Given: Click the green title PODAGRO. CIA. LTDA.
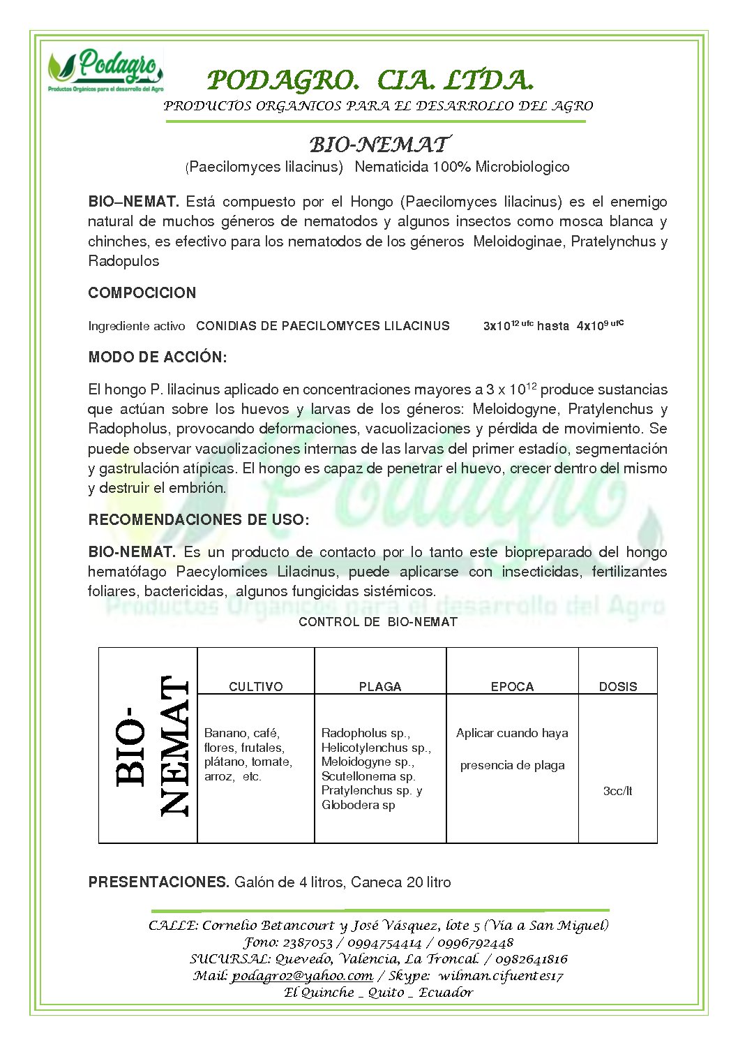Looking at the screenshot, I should (x=370, y=80).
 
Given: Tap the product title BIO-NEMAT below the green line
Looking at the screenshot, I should (x=379, y=144).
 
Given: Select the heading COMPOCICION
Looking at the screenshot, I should (x=142, y=292).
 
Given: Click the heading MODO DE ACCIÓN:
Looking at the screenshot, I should (x=157, y=357).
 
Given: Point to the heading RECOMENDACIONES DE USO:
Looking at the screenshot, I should (x=198, y=519).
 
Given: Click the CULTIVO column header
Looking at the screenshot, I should (x=255, y=686).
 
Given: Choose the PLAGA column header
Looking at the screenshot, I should (x=379, y=686).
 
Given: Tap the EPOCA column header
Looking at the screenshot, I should (x=512, y=686).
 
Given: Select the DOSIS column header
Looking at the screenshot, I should (x=617, y=686).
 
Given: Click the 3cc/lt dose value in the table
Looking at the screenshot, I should (x=617, y=791).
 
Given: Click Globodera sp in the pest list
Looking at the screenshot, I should (x=358, y=805).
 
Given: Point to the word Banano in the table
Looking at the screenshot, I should (x=225, y=733).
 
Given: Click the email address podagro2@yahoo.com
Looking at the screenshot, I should (x=302, y=976).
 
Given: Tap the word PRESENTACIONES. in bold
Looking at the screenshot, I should (x=158, y=882).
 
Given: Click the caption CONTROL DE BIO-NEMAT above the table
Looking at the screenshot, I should (x=377, y=621).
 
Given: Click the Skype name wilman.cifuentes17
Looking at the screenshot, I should (x=500, y=976).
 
